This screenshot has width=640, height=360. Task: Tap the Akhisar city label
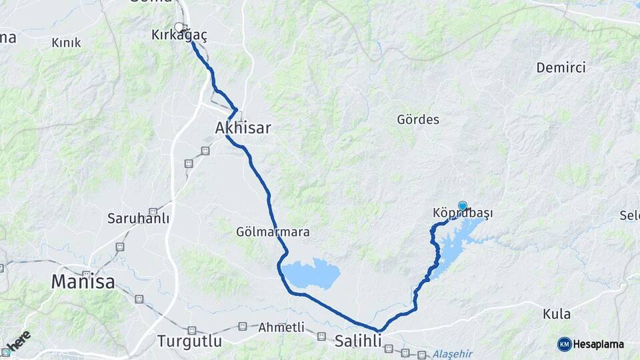(x=243, y=127)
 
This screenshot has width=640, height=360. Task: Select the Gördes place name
(x=418, y=120)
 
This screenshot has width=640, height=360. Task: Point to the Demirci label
(x=561, y=67)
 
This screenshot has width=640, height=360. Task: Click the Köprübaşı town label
(x=463, y=213)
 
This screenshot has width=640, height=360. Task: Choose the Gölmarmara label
(x=273, y=232)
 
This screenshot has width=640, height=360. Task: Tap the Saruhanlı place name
(x=139, y=219)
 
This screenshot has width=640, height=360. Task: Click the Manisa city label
(x=83, y=283)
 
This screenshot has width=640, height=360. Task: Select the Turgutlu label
(x=189, y=341)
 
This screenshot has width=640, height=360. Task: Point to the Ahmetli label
(x=281, y=327)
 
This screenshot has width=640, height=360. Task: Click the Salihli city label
(x=358, y=341)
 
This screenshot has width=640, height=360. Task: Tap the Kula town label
(x=556, y=314)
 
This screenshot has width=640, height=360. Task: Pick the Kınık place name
(x=66, y=43)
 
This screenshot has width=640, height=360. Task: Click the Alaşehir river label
(x=455, y=353)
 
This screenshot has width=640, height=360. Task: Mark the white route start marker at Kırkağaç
(x=179, y=27)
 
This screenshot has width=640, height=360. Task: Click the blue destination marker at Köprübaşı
(x=463, y=205)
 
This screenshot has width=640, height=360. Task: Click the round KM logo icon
(x=565, y=344)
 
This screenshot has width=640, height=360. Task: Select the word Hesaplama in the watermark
(x=599, y=345)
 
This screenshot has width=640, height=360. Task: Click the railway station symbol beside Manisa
(x=87, y=273)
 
